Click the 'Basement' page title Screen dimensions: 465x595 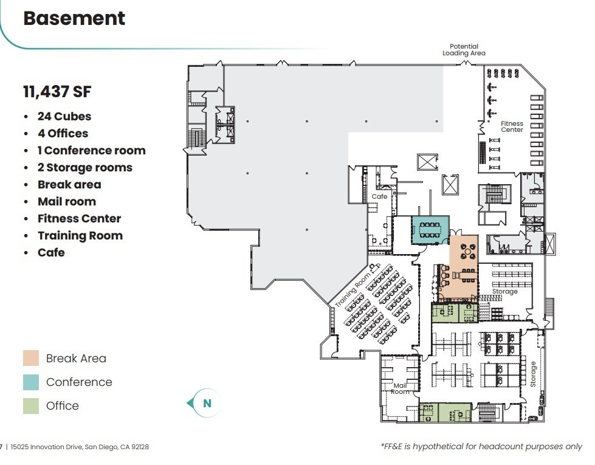pyautogui.click(x=74, y=18)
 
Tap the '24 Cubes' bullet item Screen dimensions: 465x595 pyautogui.click(x=64, y=116)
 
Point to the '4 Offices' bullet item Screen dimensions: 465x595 pyautogui.click(x=63, y=133)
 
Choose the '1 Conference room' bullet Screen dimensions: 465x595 pyautogui.click(x=91, y=150)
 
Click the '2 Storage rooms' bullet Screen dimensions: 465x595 pyautogui.click(x=84, y=167)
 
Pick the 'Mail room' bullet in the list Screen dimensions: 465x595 pyautogui.click(x=66, y=201)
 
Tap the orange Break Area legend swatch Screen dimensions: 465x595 pyautogui.click(x=31, y=358)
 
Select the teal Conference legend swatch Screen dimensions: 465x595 pyautogui.click(x=31, y=382)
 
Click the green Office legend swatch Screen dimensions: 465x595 pyautogui.click(x=31, y=405)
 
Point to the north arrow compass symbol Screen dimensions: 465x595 pyautogui.click(x=203, y=403)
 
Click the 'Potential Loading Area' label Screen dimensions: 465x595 pyautogui.click(x=464, y=50)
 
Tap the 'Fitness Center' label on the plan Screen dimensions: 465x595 pyautogui.click(x=512, y=126)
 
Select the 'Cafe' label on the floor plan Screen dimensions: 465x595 pyautogui.click(x=379, y=196)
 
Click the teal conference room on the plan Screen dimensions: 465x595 pyautogui.click(x=430, y=230)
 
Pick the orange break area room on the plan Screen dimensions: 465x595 pyautogui.click(x=463, y=267)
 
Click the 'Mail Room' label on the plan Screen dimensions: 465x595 pyautogui.click(x=400, y=388)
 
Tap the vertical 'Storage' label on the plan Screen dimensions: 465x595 pyautogui.click(x=533, y=374)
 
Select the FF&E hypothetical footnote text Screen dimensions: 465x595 pyautogui.click(x=481, y=446)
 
